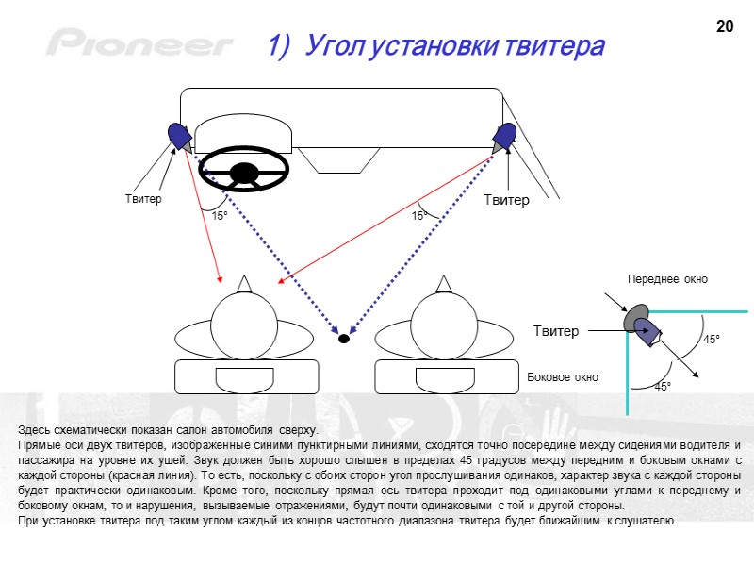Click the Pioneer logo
click(x=140, y=43)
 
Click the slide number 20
click(x=725, y=26)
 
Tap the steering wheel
click(x=243, y=171)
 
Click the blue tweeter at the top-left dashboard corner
click(x=178, y=138)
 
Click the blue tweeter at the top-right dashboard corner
click(x=504, y=138)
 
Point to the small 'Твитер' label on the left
click(x=143, y=199)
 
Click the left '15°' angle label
click(x=220, y=216)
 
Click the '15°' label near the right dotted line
click(x=420, y=216)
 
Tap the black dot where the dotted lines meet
click(x=344, y=338)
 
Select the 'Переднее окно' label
click(x=667, y=279)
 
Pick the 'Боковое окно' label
click(x=563, y=376)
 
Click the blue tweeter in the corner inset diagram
click(x=647, y=329)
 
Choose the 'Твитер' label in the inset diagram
click(x=556, y=330)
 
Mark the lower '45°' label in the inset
click(x=664, y=387)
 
